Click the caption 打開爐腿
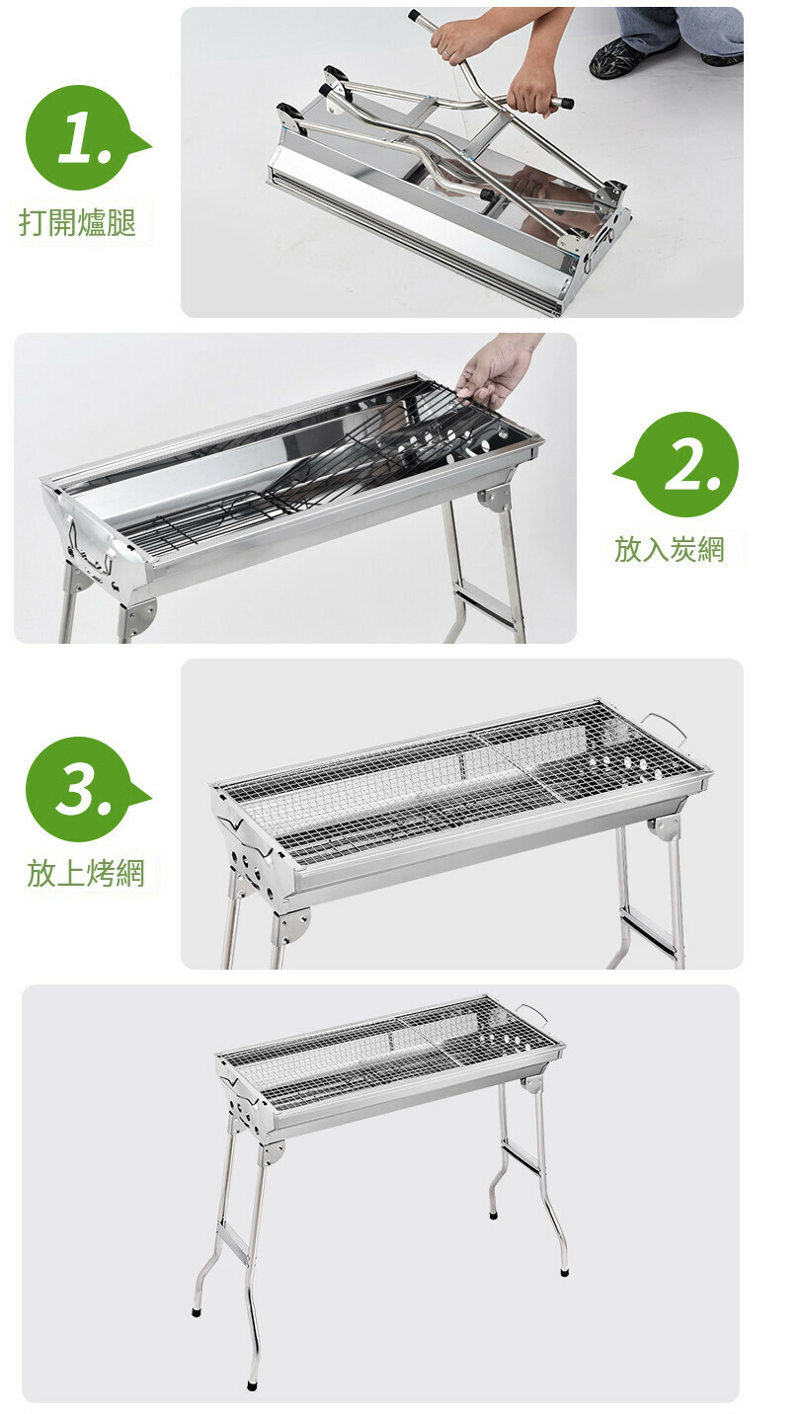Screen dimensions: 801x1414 (x=78, y=222)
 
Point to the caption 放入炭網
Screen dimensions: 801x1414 (x=669, y=548)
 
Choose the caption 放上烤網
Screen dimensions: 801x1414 (x=86, y=873)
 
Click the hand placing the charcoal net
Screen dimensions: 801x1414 (x=496, y=372)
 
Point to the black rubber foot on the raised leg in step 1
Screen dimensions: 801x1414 (x=414, y=14)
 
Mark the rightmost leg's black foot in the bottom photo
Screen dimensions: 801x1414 (x=564, y=1270)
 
